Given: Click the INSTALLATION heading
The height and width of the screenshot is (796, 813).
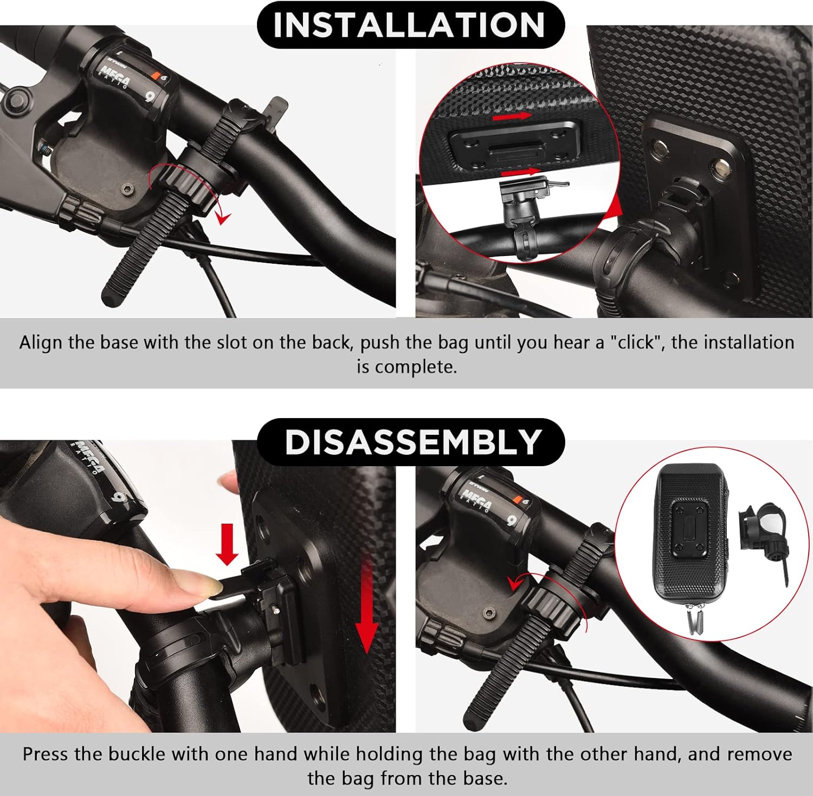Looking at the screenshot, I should click(x=410, y=24).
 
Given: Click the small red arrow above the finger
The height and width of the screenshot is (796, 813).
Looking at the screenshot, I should click(x=227, y=544).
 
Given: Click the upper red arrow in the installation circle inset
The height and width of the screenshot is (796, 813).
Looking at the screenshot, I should click(x=512, y=116).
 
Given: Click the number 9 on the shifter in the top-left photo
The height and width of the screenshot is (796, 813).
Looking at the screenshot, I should click(x=150, y=97).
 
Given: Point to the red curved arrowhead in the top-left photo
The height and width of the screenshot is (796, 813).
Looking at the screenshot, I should click(x=222, y=218).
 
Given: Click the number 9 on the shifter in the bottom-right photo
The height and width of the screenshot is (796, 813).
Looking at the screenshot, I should click(x=511, y=521).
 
